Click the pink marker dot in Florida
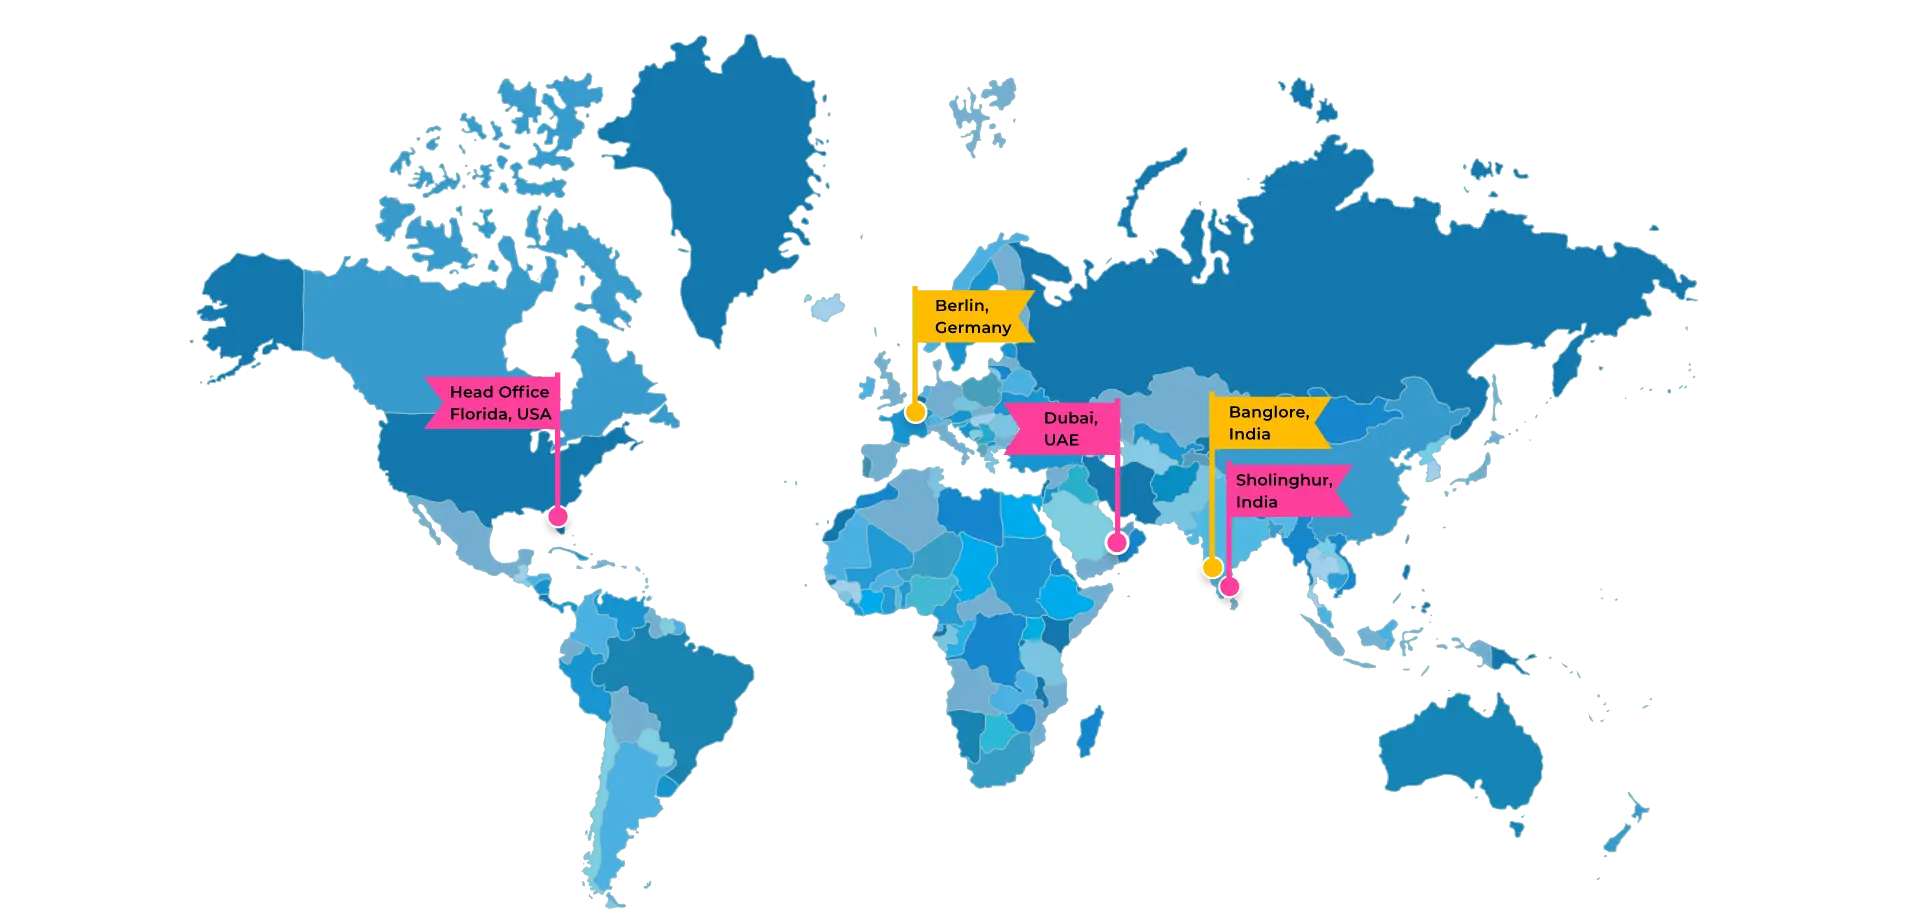(x=558, y=516)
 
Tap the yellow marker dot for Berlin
(x=915, y=412)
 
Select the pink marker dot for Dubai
(x=1117, y=543)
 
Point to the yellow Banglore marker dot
(x=1212, y=568)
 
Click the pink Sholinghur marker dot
(x=1230, y=586)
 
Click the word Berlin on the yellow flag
(x=961, y=306)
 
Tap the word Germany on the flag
(x=972, y=328)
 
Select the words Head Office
(x=499, y=392)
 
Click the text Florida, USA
(x=500, y=414)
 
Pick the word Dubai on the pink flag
(x=1070, y=418)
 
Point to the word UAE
(x=1061, y=440)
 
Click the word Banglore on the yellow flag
(x=1268, y=412)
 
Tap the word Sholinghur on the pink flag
(x=1283, y=480)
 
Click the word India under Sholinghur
(x=1256, y=502)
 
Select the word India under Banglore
(x=1249, y=434)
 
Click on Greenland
(x=720, y=180)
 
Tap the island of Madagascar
(x=1090, y=730)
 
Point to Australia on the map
(x=1460, y=750)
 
